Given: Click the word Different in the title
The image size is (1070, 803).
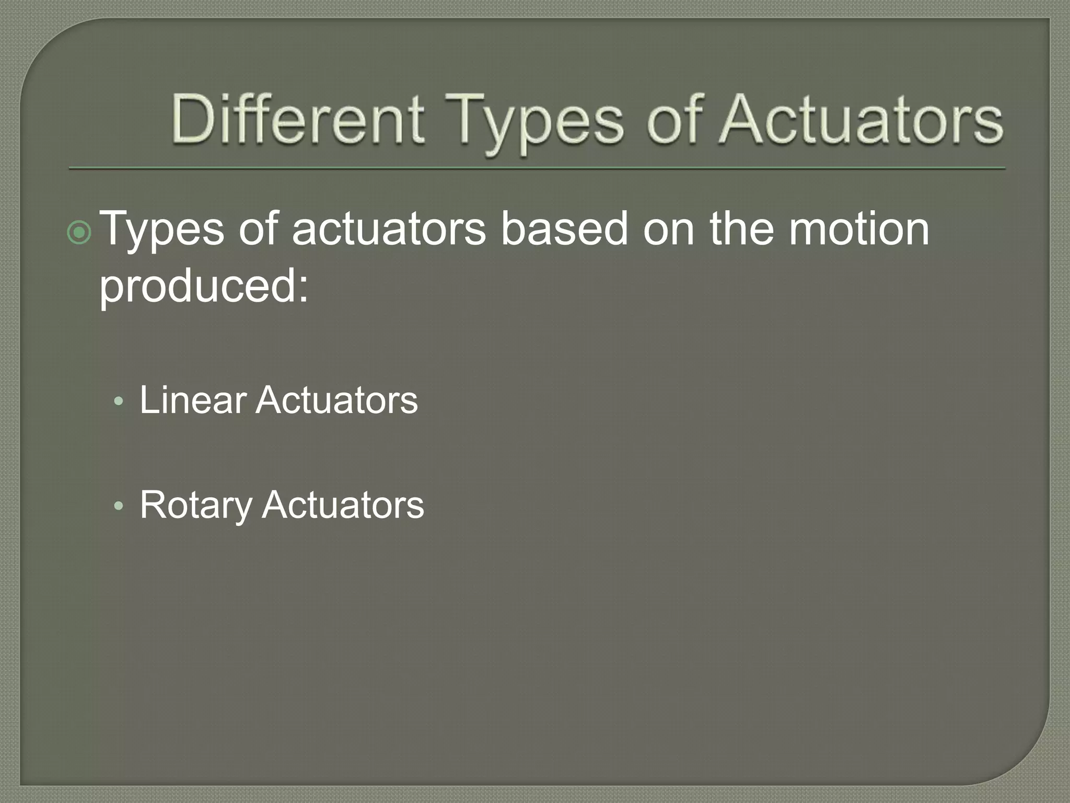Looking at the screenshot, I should click(x=297, y=119).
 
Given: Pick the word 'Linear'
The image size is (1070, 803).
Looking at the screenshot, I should click(x=192, y=400).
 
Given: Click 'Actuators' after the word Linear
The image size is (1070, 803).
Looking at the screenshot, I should click(x=336, y=400).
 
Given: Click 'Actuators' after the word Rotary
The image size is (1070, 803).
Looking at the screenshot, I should click(x=343, y=505).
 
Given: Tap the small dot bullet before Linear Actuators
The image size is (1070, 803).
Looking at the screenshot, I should click(x=119, y=401).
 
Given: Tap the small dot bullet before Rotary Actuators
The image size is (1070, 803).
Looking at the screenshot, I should click(x=119, y=506).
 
